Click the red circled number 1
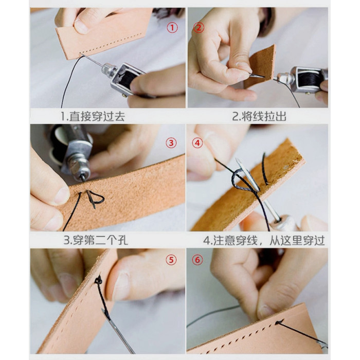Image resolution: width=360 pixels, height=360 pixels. pyautogui.click(x=172, y=28)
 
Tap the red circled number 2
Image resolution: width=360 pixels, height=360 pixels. pyautogui.click(x=199, y=28)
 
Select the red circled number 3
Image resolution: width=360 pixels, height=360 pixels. pyautogui.click(x=171, y=143)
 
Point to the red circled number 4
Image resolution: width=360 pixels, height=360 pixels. pyautogui.click(x=197, y=143)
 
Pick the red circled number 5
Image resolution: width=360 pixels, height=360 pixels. pyautogui.click(x=171, y=260)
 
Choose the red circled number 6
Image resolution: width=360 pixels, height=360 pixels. pyautogui.click(x=197, y=260)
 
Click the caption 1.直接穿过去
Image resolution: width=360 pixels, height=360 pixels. pyautogui.click(x=93, y=116)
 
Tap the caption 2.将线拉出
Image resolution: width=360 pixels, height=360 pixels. pyautogui.click(x=259, y=116)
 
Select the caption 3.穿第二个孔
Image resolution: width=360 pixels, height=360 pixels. pyautogui.click(x=96, y=240)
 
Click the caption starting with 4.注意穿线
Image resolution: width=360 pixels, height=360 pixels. pyautogui.click(x=264, y=240)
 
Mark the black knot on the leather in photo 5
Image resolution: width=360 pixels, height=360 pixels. pyautogui.click(x=99, y=280)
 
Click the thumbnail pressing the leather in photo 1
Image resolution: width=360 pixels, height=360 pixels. pyautogui.click(x=81, y=26)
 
